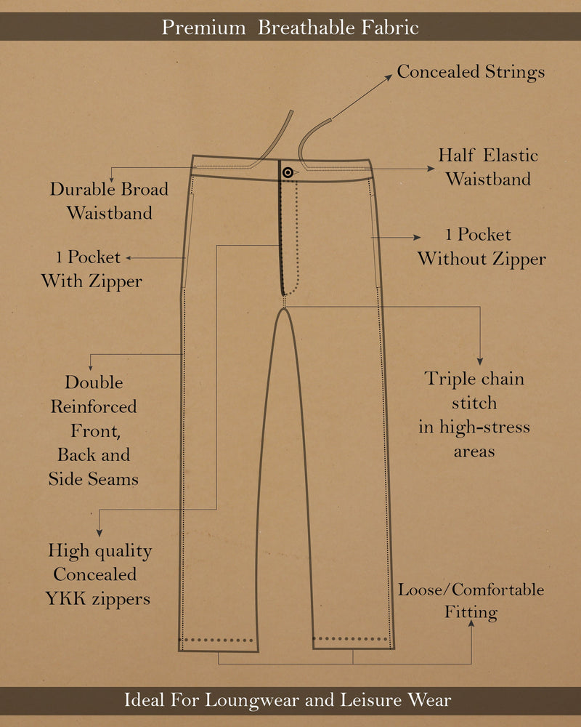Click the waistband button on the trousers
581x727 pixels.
(x=288, y=172)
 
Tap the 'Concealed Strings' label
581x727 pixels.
(x=471, y=72)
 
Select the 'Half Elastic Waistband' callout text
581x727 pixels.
(x=488, y=167)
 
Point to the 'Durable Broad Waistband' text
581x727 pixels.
(x=109, y=201)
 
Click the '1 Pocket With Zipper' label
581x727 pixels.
(x=92, y=269)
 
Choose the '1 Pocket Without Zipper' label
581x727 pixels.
(x=481, y=246)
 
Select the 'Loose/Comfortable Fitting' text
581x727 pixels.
(x=471, y=601)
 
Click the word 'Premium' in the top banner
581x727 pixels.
(x=203, y=28)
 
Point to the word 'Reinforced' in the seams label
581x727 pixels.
(x=94, y=406)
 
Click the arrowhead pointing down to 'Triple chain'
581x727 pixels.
(x=479, y=360)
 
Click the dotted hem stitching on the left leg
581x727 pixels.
(x=218, y=641)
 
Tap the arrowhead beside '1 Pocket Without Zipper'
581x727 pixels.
(x=417, y=237)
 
